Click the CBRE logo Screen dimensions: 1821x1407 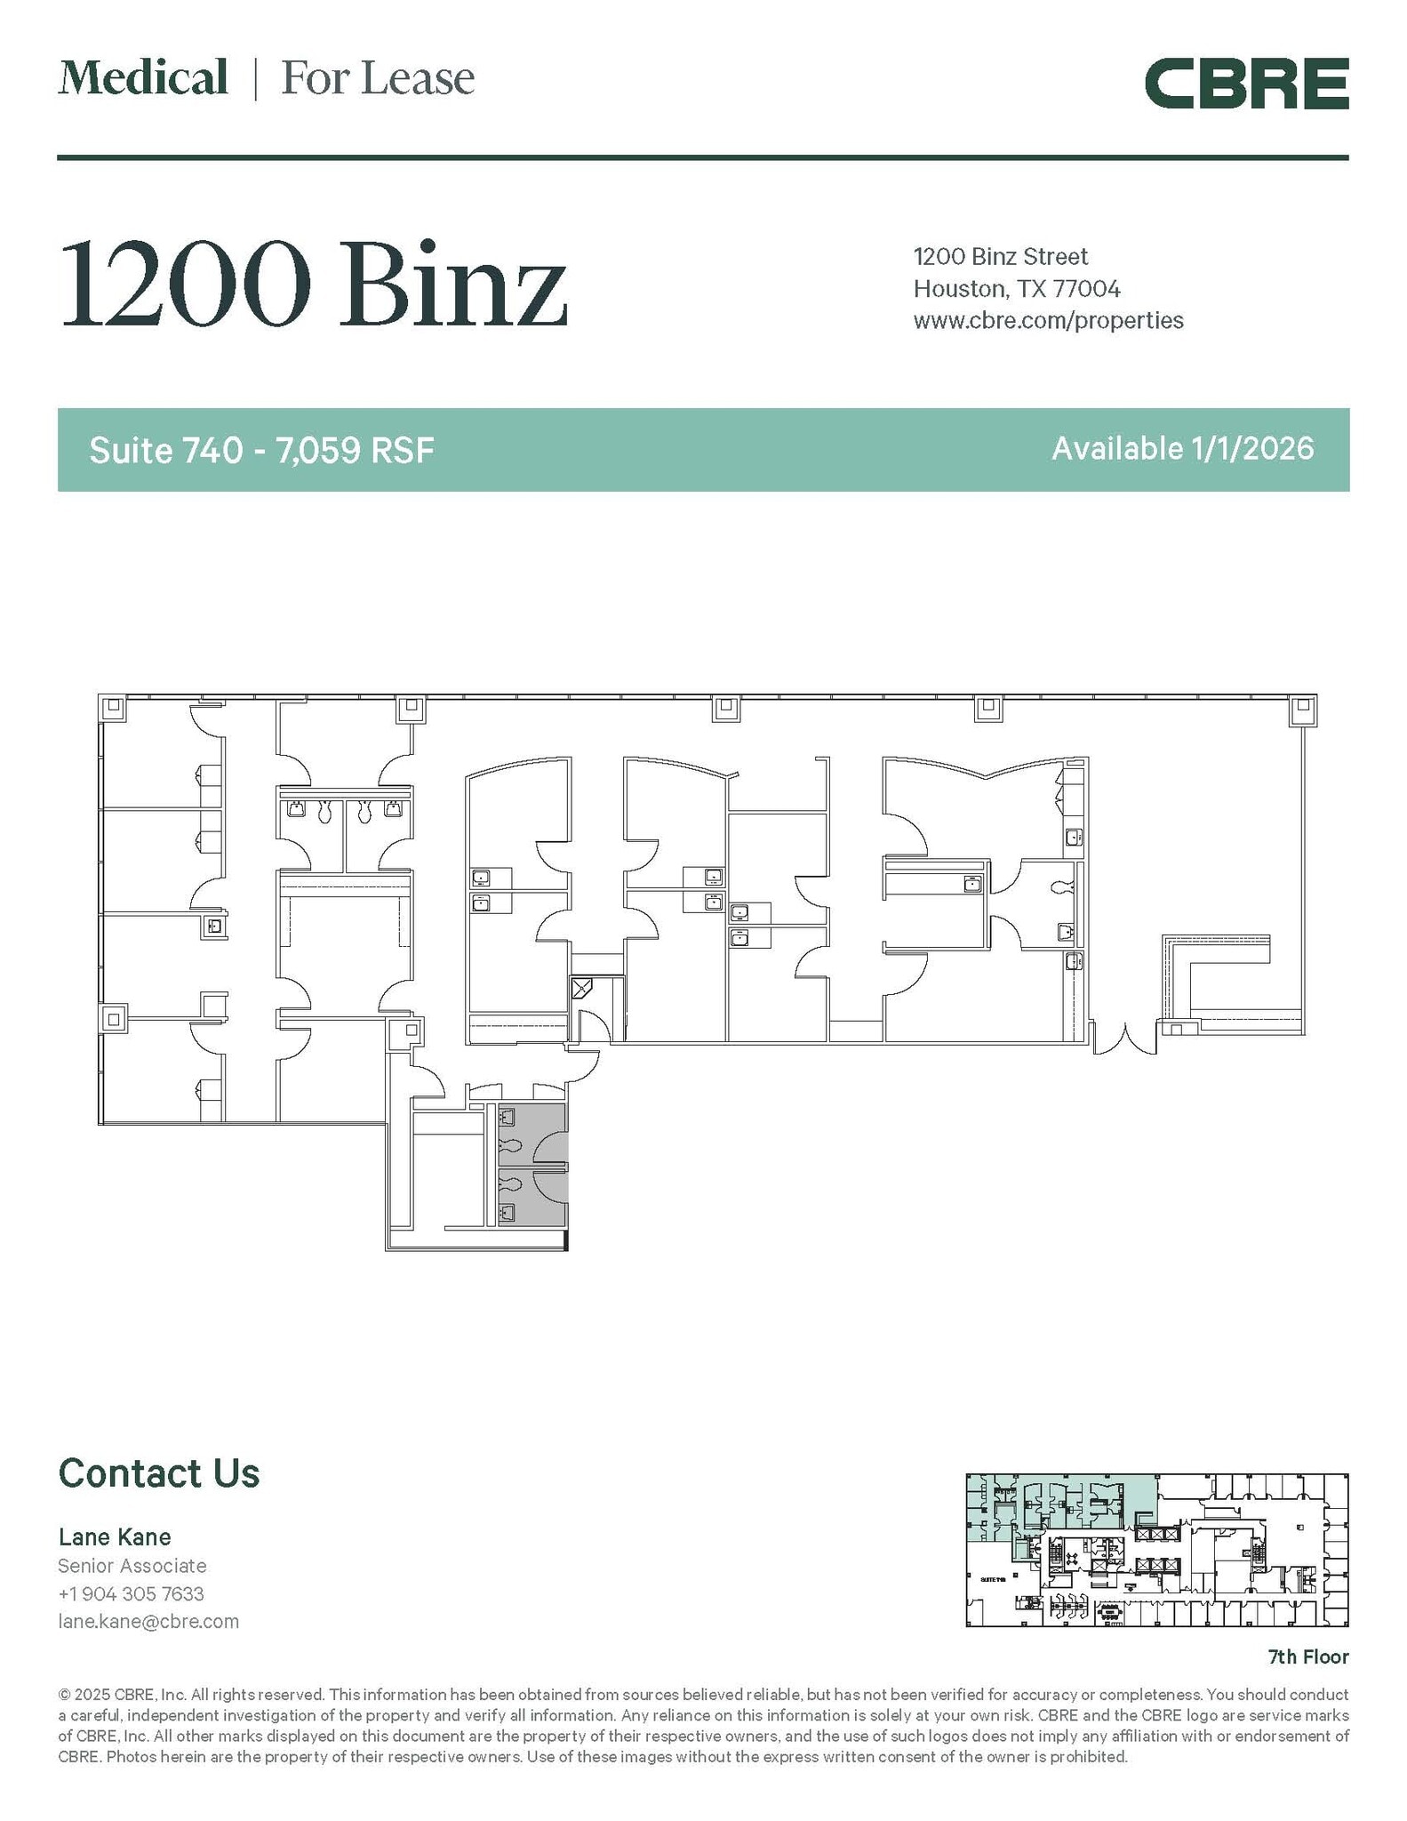click(1246, 84)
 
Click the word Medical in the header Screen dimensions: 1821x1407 click(143, 78)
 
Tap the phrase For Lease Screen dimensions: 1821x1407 click(378, 78)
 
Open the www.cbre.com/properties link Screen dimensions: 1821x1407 click(1048, 321)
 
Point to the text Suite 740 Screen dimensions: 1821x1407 click(165, 450)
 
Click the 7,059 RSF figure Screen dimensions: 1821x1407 click(355, 450)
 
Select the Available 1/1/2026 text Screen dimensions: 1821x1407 click(1182, 449)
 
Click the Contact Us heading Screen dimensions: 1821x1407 click(159, 1473)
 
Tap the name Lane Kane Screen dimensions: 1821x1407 click(115, 1536)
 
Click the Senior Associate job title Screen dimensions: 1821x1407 click(132, 1566)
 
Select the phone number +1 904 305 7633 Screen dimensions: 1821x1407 click(132, 1593)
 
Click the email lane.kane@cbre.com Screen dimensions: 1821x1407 click(148, 1621)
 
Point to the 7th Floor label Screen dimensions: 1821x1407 click(1307, 1657)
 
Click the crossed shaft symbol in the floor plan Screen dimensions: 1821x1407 click(581, 989)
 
